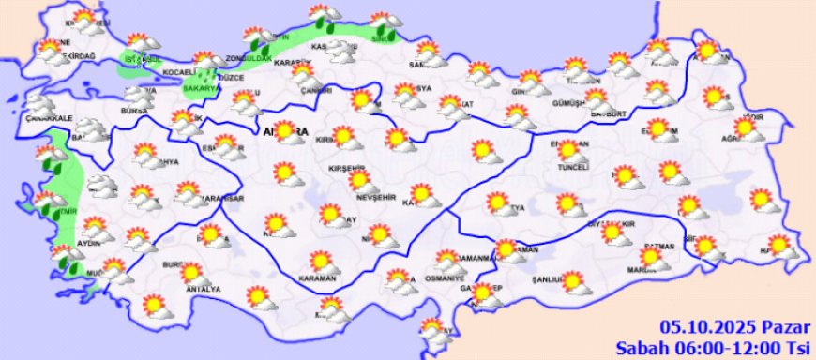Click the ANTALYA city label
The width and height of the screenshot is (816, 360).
coord(205,289)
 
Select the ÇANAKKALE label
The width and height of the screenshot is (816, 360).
coord(50,118)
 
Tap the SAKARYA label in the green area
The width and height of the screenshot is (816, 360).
coord(200,88)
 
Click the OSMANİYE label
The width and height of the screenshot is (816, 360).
coord(446,278)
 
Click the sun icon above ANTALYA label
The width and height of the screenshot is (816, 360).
coord(192,273)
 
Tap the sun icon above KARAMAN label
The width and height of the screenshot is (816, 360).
coord(321,261)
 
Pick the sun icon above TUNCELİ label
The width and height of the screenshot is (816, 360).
coord(567,150)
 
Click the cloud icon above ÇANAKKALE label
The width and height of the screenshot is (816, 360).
coord(39,103)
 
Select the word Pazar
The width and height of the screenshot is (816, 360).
coord(784,326)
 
